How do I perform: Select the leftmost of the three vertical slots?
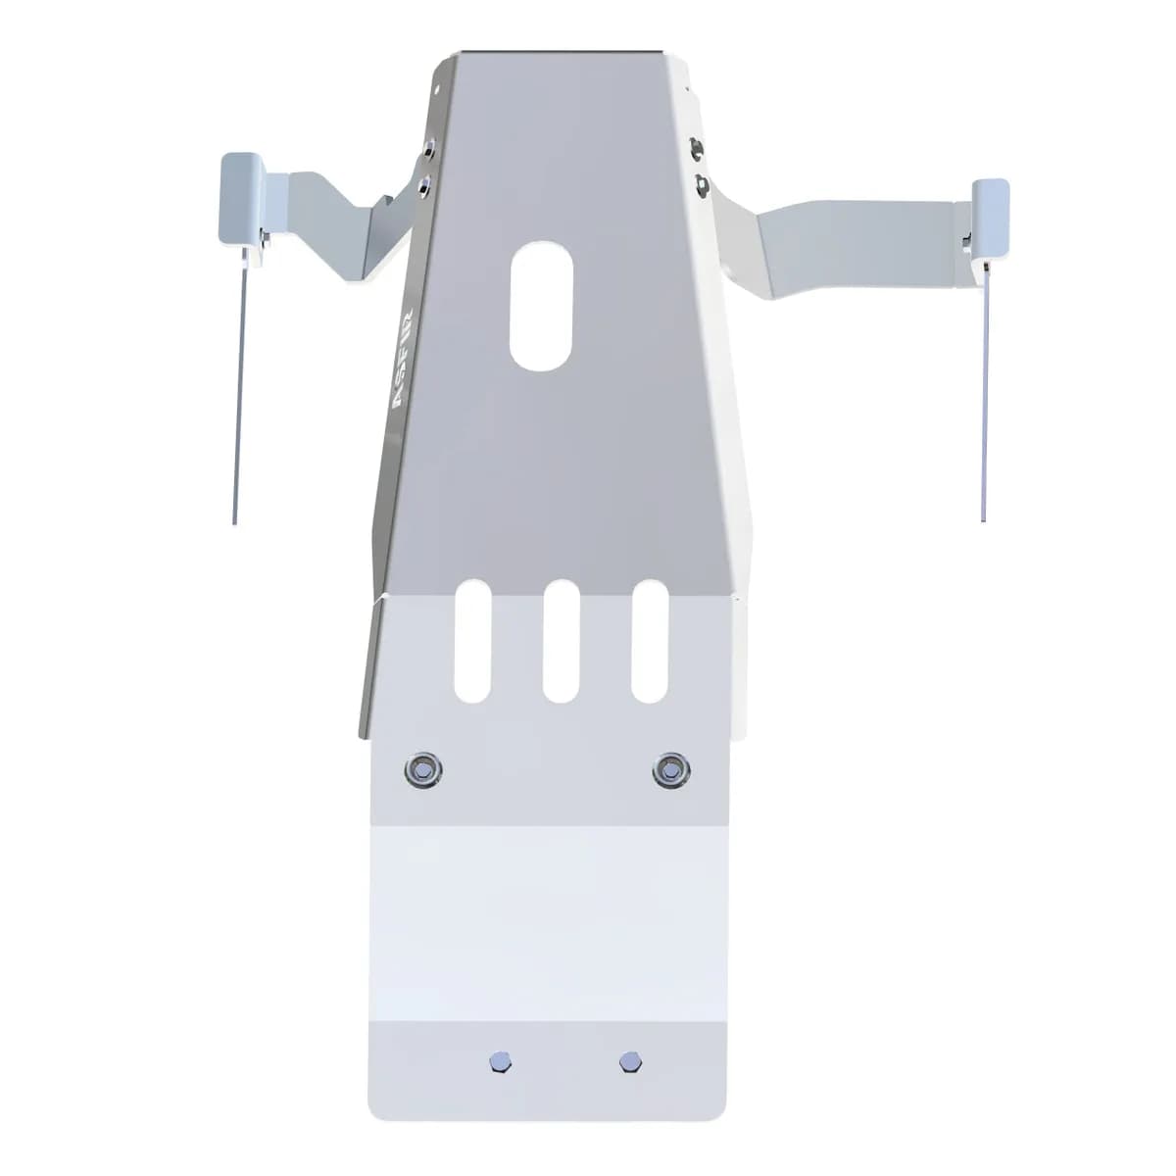point(473,640)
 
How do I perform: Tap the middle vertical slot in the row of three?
point(561,640)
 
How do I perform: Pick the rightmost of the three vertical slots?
point(649,640)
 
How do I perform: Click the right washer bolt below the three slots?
point(669,769)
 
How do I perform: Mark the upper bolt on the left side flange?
point(428,149)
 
